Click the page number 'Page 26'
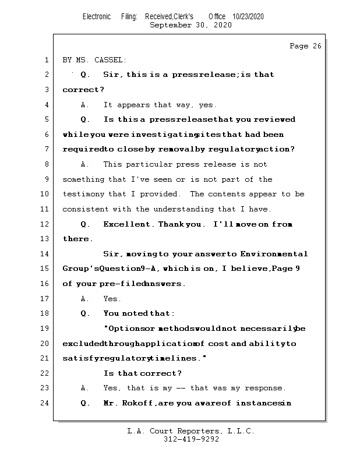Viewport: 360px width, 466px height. [x=305, y=46]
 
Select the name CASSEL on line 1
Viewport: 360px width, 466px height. [x=111, y=60]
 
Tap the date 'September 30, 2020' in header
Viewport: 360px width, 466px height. [x=190, y=25]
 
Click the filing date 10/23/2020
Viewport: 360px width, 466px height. [x=248, y=17]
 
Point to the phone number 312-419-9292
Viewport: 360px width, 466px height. [x=191, y=440]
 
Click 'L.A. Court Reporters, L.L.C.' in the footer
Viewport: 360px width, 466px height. [x=190, y=432]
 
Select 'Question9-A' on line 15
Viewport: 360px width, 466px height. [x=130, y=269]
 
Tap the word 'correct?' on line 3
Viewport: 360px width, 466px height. [x=83, y=90]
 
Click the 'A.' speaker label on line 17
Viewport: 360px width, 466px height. [x=85, y=299]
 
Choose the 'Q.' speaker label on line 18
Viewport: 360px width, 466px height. [x=85, y=313]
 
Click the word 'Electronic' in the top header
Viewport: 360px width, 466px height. [x=97, y=17]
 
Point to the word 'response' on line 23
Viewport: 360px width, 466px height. [x=265, y=388]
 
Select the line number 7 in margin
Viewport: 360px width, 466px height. [x=47, y=149]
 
